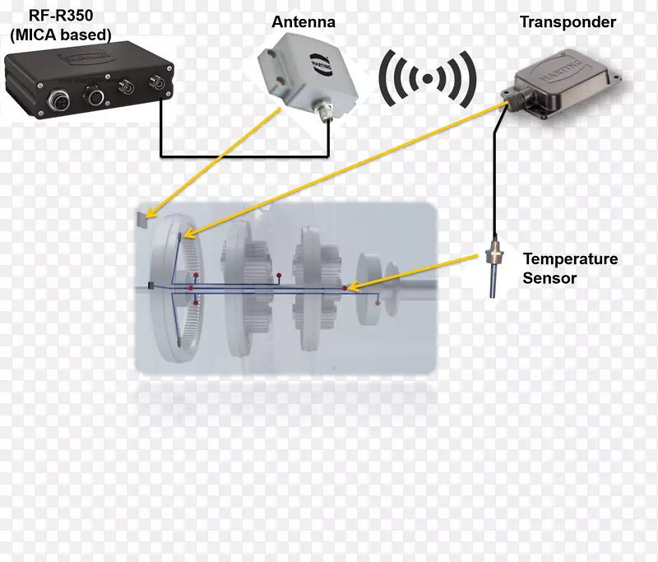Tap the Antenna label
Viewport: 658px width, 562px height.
coord(304,22)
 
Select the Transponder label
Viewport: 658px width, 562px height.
coord(568,22)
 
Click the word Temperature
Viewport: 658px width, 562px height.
coord(570,259)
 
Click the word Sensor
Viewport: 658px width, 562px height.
coord(549,278)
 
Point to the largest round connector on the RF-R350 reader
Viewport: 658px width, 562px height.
coord(96,97)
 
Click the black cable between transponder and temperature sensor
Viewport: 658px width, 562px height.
coord(494,181)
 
